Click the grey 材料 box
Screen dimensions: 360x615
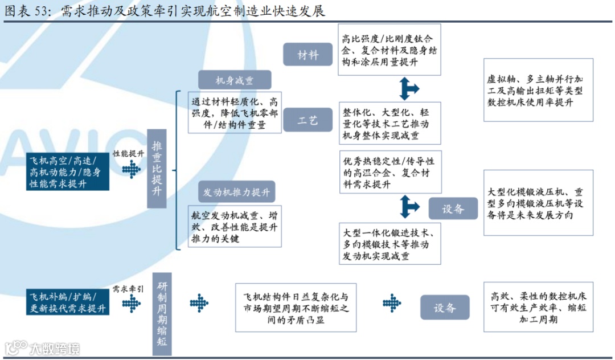tap(308, 55)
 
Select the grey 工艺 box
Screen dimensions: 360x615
tap(308, 120)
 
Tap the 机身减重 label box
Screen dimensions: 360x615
tap(234, 80)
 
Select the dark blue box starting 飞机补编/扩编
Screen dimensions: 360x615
tap(67, 302)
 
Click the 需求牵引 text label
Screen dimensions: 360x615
tap(128, 289)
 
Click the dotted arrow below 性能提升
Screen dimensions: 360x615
tap(132, 169)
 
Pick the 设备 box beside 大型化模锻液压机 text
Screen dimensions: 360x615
tap(453, 208)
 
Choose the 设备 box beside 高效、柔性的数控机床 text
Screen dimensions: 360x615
tap(445, 308)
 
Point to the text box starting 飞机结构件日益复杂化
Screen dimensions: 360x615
tap(296, 308)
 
